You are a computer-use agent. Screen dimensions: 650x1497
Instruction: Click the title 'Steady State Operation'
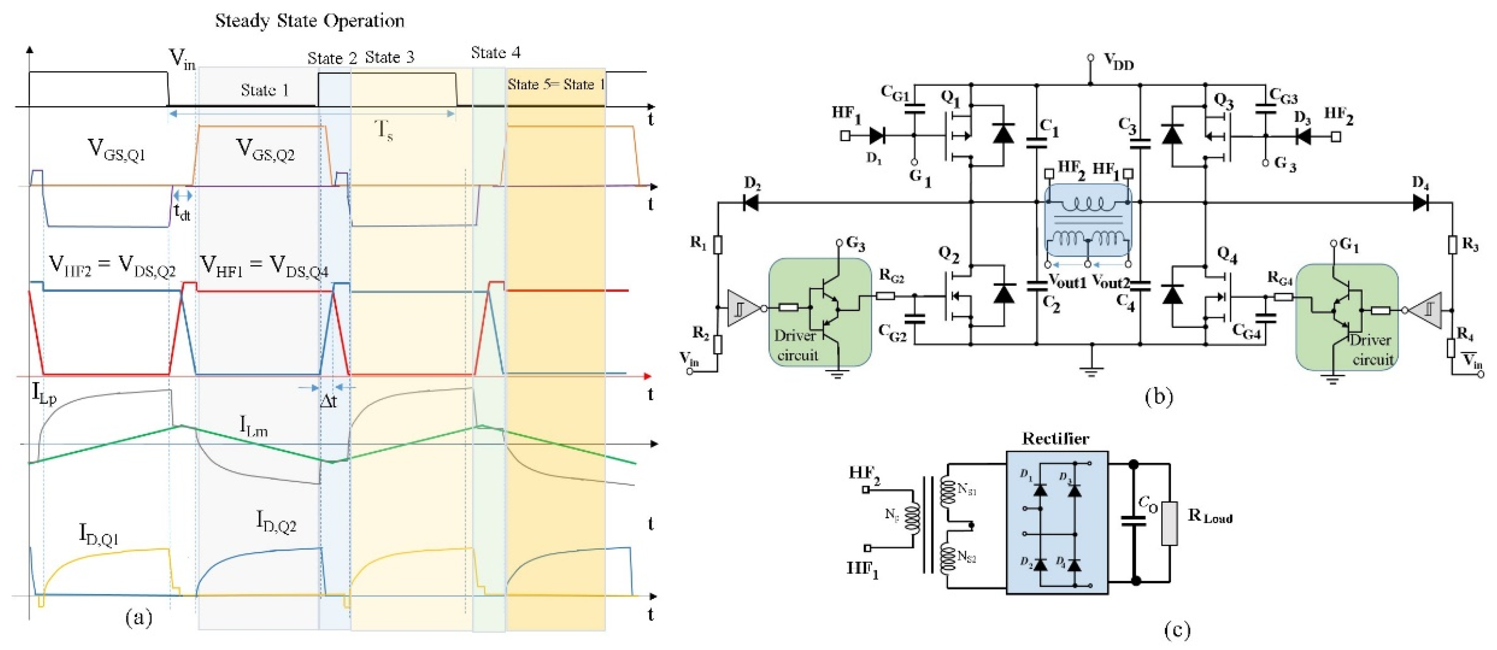[x=310, y=21]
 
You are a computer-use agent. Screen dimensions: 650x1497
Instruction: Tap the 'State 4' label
[x=496, y=53]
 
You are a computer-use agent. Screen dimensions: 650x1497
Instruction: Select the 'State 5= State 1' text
[x=555, y=85]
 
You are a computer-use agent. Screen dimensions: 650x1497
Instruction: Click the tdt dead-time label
[x=182, y=212]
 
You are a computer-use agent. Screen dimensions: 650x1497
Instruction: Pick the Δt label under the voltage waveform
[x=328, y=401]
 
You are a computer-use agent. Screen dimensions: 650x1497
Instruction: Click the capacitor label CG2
[x=892, y=333]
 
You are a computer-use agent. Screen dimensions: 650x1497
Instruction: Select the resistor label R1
[x=698, y=242]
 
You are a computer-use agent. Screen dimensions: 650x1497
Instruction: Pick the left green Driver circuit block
[x=819, y=312]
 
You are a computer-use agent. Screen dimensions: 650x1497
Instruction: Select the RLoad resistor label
[x=1210, y=516]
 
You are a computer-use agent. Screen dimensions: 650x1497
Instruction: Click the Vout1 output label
[x=1067, y=282]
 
